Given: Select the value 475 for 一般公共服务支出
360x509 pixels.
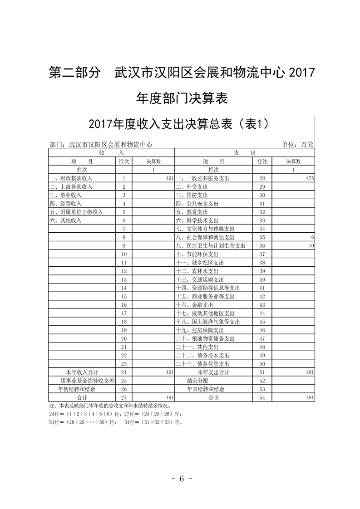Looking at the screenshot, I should pos(310,178).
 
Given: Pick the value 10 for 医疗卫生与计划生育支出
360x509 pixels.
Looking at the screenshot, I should pos(311,246).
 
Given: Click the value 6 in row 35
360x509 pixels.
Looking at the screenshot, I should pos(313,237).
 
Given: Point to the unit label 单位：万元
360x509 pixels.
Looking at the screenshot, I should pos(298,145).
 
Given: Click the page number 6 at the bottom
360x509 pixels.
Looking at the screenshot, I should pos(181,479).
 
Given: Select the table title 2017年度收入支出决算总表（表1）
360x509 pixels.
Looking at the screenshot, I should pos(180,123).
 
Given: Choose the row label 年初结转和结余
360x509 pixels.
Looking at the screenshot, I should pos(77,389).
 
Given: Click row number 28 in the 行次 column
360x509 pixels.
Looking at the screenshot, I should pos(261,178).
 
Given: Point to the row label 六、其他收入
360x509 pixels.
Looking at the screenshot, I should pos(65,220).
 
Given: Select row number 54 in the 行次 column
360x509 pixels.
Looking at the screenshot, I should pos(261,397).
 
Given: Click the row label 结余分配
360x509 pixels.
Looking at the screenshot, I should pos(197,381).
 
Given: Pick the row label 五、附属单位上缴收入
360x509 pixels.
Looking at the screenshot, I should pos(76,212).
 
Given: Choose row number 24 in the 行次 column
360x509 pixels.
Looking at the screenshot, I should pos(123,372).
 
